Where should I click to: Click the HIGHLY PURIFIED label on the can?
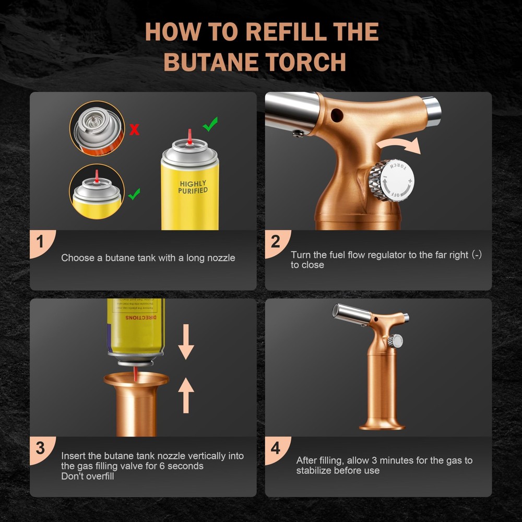pos(193,187)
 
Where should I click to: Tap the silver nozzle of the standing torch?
pos(352,313)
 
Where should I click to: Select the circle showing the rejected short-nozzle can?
pos(97,129)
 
